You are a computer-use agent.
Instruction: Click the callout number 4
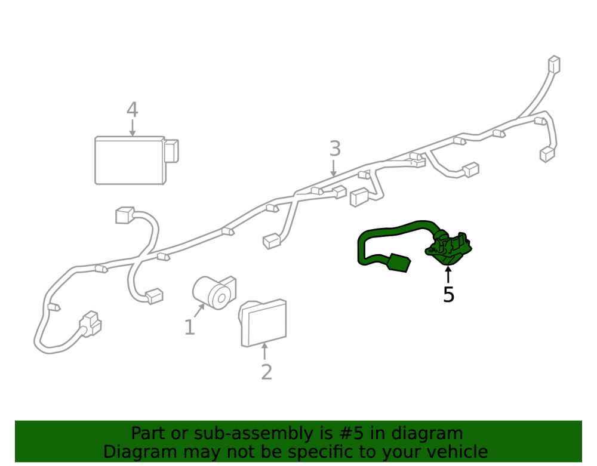tap(132, 110)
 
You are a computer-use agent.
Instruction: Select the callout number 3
tap(335, 149)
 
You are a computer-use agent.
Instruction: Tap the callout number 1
tap(189, 327)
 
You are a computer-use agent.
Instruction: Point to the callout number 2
tap(266, 372)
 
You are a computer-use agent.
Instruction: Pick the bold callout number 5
tap(448, 294)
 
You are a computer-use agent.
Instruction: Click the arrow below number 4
tap(132, 128)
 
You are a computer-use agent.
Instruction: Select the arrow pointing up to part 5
tap(448, 274)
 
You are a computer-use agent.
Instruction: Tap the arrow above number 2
tap(264, 351)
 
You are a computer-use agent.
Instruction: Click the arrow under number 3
tap(334, 168)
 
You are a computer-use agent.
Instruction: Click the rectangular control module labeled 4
tap(130, 160)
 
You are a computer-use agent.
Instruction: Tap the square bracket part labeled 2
tap(263, 323)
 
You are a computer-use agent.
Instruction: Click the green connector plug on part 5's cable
tap(398, 263)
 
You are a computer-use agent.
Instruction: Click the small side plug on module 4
tap(171, 151)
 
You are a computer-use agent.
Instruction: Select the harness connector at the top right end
tap(554, 65)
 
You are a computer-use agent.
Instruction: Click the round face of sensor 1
tap(220, 298)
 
